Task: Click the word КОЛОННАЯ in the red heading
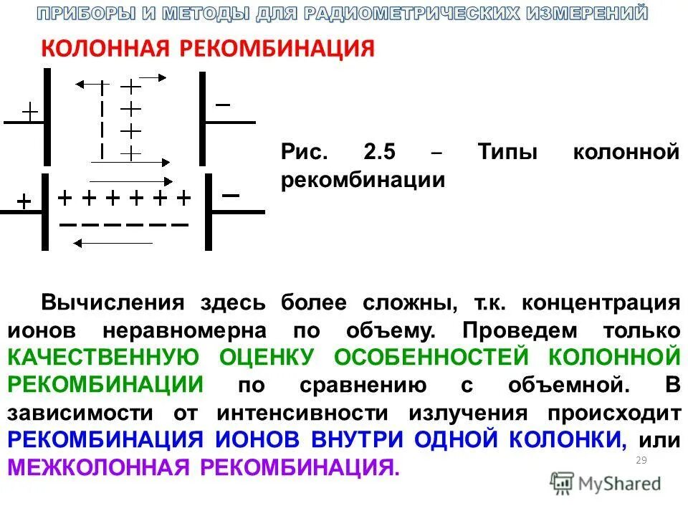[105, 49]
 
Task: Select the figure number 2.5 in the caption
[380, 153]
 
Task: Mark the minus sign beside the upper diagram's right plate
[223, 105]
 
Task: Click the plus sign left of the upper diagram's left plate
[29, 111]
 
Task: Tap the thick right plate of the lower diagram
[209, 212]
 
